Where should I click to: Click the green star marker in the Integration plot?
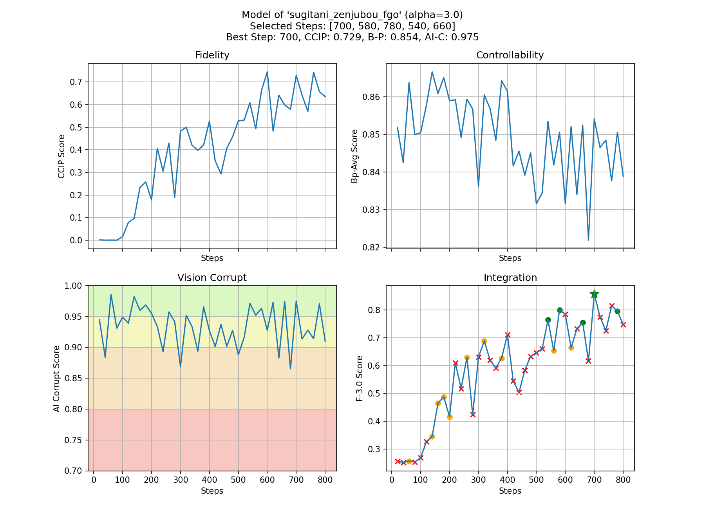[x=594, y=294]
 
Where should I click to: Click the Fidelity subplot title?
[x=212, y=55]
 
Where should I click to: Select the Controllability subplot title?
[x=510, y=55]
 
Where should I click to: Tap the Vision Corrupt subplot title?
[x=212, y=278]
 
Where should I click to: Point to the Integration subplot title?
[x=510, y=278]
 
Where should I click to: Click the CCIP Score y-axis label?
[x=61, y=156]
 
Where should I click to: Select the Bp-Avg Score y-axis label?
[x=354, y=156]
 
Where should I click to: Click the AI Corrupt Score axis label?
[x=56, y=379]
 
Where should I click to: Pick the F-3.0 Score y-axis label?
[x=360, y=379]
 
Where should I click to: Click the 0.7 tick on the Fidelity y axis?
[x=76, y=82]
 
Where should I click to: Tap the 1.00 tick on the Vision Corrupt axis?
[x=74, y=286]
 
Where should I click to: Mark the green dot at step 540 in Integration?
[x=548, y=320]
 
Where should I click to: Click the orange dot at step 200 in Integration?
[x=450, y=417]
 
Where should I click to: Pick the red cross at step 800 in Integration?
[x=623, y=324]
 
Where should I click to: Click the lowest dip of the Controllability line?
[x=588, y=240]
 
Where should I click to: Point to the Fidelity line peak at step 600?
[x=267, y=72]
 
